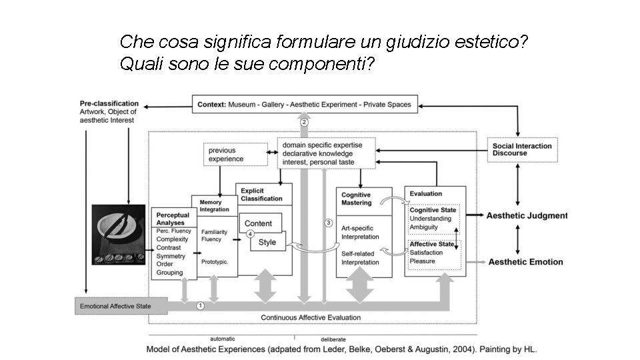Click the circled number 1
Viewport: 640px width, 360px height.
[x=201, y=305]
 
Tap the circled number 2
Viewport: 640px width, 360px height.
[x=304, y=122]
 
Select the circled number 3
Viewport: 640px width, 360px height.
[x=328, y=222]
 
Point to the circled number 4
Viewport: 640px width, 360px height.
[x=250, y=234]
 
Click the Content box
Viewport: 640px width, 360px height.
[x=259, y=223]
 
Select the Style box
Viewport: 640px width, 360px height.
[x=267, y=242]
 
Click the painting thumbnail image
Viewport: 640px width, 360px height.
[x=119, y=235]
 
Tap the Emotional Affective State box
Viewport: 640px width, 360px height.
[x=115, y=307]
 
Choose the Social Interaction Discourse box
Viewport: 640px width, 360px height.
[x=522, y=149]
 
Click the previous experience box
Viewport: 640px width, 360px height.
[x=230, y=155]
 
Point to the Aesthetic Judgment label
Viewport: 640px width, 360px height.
[x=527, y=215]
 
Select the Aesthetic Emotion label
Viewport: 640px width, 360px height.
[x=525, y=262]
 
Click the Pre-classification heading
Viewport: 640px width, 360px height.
[x=109, y=103]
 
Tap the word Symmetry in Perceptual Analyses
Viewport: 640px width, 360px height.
[x=171, y=256]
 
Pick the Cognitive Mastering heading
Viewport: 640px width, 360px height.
[x=356, y=199]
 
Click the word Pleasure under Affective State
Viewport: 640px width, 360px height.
[x=422, y=261]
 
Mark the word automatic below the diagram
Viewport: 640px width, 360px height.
[x=222, y=339]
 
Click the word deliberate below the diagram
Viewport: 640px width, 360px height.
[x=333, y=339]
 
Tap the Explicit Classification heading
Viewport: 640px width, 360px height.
[x=261, y=194]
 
